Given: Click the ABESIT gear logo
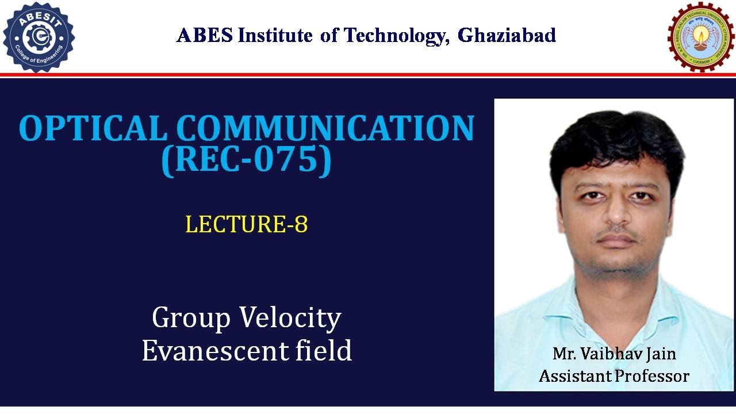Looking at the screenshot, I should click(x=39, y=37).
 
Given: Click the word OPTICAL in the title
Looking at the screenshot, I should click(x=92, y=128).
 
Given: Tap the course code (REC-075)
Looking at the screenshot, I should click(x=247, y=160).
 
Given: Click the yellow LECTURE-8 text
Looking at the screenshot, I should click(x=246, y=224).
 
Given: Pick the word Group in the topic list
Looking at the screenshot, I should click(x=191, y=318).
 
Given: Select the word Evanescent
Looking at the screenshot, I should click(x=216, y=350).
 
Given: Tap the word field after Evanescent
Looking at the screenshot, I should click(x=325, y=350).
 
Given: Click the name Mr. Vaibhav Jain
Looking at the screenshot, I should click(x=614, y=353).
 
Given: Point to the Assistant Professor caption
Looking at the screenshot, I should click(x=614, y=376).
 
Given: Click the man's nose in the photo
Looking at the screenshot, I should click(x=616, y=213).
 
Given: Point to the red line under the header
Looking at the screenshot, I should click(x=368, y=75).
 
